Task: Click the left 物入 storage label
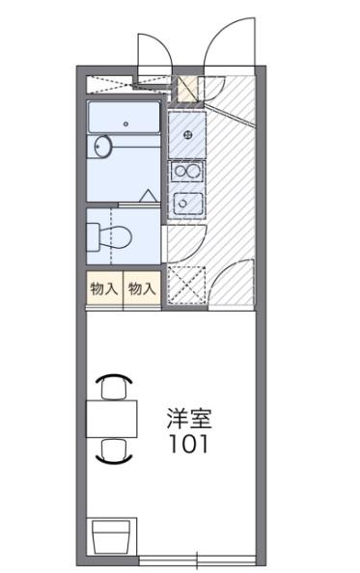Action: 104,288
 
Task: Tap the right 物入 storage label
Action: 141,288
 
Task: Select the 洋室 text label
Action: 189,420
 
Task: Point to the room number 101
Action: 189,446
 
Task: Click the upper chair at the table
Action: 114,386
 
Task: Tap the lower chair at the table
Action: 114,450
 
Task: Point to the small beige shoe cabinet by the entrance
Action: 187,88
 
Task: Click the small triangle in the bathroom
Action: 149,198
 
